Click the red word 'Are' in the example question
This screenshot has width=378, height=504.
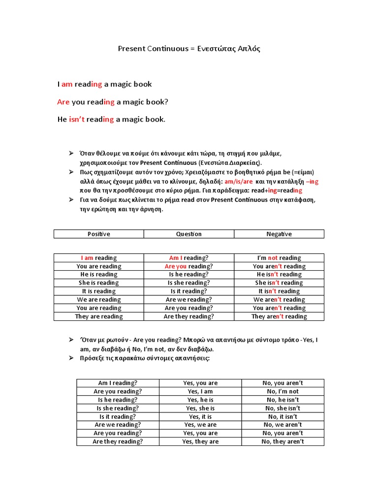tap(63, 102)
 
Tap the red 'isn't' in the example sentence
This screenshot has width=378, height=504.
tap(76, 120)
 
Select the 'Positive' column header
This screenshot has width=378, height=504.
tap(99, 234)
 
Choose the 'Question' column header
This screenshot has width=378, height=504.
tap(189, 234)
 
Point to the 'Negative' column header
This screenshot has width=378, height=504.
tap(279, 234)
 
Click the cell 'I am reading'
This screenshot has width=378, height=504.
tap(99, 258)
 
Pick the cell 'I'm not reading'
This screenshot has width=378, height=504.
tap(279, 258)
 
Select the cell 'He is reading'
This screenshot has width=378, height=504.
tap(99, 275)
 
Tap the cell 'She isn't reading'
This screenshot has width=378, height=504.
tap(279, 283)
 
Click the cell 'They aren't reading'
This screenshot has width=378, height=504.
tap(279, 316)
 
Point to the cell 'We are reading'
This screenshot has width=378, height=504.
tap(99, 300)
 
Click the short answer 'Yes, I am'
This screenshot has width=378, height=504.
tap(200, 392)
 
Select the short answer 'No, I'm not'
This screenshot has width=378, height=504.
tap(283, 392)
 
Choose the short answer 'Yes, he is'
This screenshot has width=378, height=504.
tap(200, 400)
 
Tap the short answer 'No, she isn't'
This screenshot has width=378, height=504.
tap(283, 409)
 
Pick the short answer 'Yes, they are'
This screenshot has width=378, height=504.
tap(200, 442)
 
